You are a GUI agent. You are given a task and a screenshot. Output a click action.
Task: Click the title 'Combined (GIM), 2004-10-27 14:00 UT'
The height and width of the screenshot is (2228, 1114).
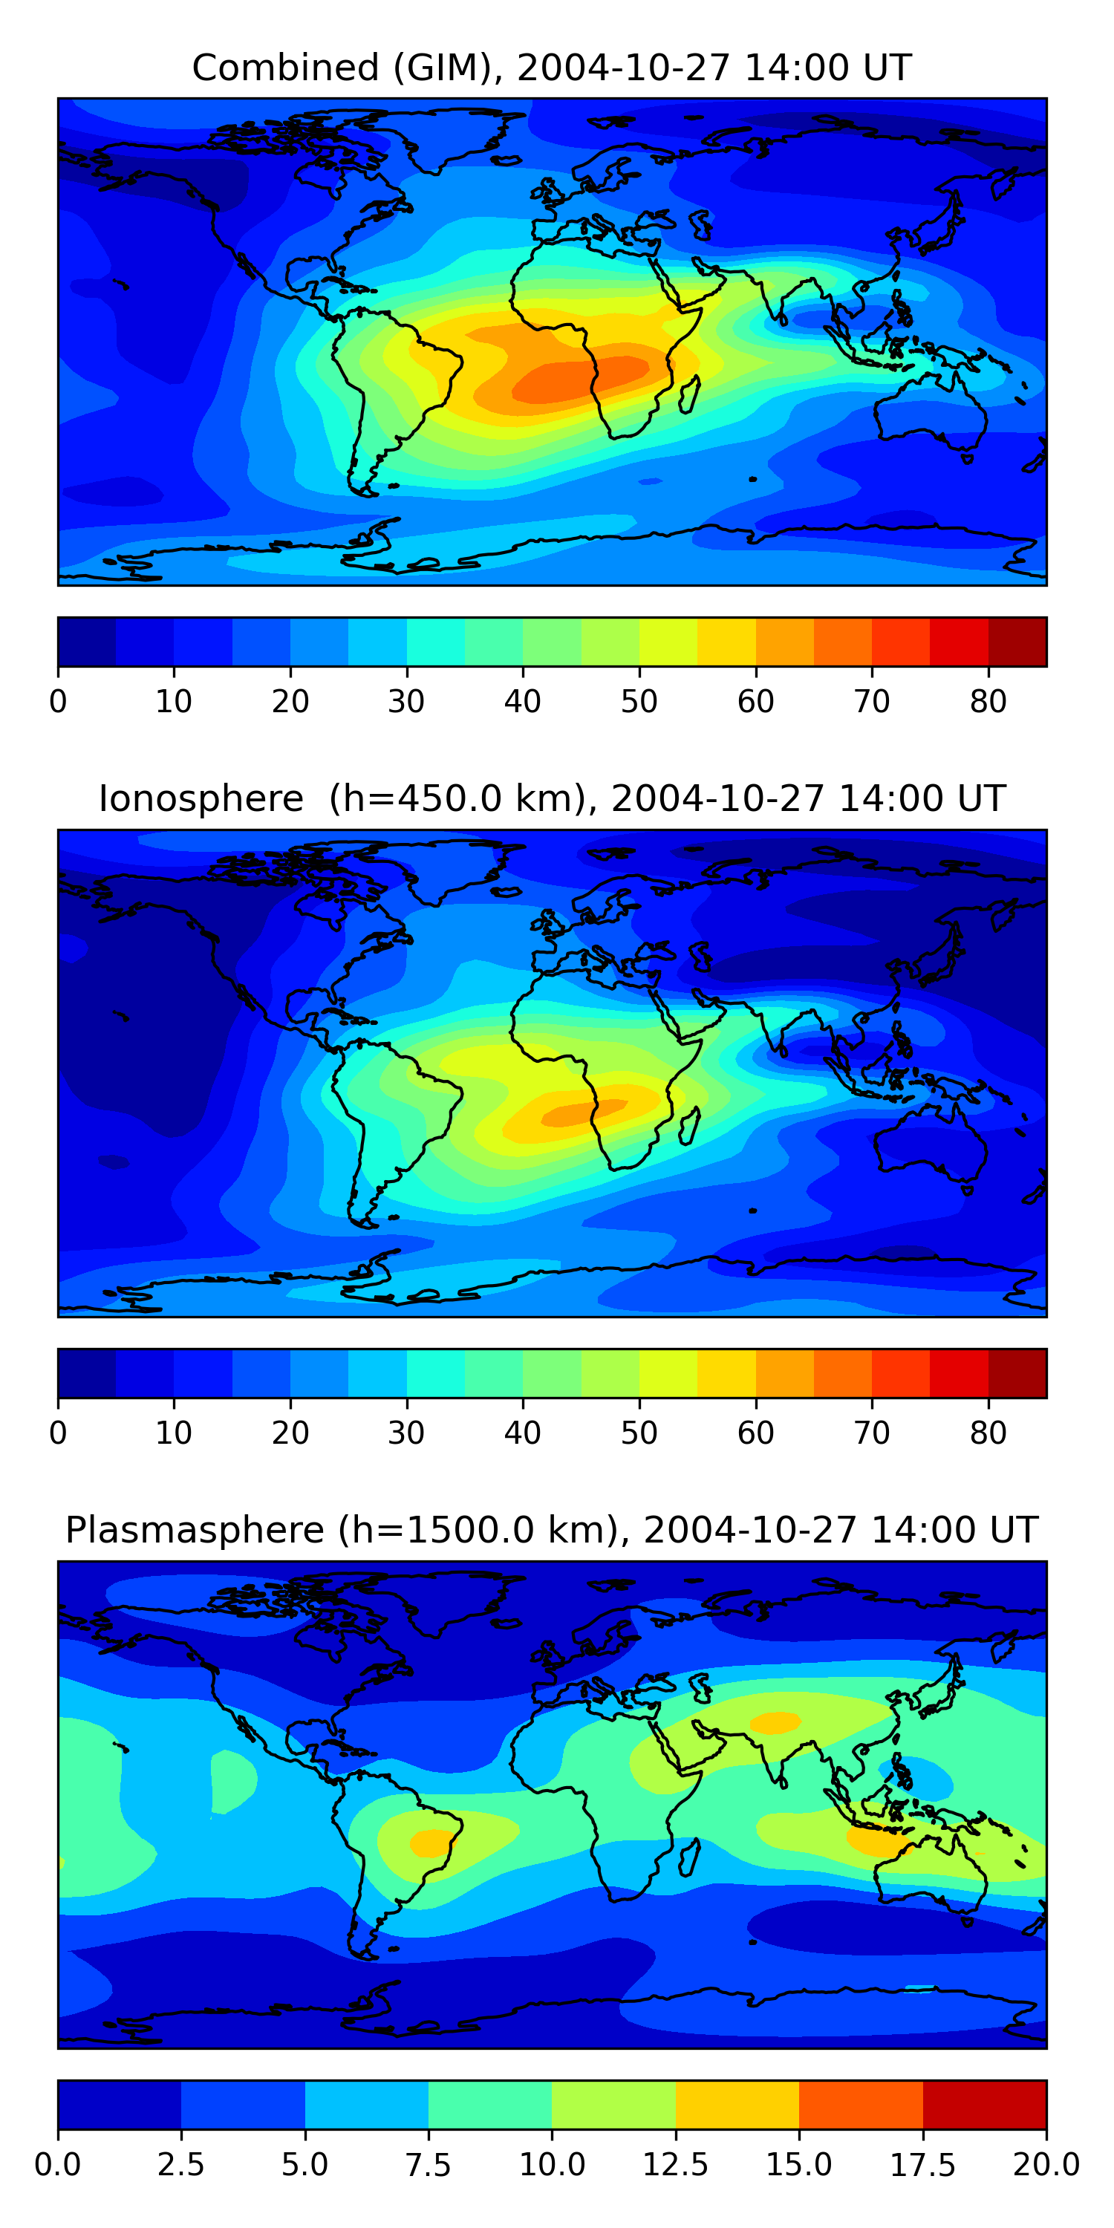(x=552, y=68)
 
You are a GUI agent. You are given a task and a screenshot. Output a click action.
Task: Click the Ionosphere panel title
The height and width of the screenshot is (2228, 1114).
(x=552, y=798)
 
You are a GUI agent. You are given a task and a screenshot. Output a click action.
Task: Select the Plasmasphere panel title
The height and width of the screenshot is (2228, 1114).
(x=552, y=1530)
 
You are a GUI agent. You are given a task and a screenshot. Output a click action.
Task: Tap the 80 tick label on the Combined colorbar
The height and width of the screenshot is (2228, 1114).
(x=988, y=701)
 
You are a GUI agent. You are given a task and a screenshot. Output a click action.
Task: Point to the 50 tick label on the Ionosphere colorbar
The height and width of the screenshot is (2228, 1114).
(x=639, y=1433)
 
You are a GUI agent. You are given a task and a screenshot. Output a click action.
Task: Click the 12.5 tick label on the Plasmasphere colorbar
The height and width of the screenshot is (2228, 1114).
(x=676, y=2165)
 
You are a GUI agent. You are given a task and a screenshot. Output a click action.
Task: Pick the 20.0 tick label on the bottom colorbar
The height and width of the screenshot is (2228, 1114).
(x=1046, y=2165)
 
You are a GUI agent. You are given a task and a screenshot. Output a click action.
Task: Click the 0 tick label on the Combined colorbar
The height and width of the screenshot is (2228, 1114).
(x=58, y=701)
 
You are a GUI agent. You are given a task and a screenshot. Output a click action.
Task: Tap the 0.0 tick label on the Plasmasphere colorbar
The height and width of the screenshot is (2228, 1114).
(x=58, y=2165)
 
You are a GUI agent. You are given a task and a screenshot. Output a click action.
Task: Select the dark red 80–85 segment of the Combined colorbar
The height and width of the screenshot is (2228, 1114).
(x=1017, y=642)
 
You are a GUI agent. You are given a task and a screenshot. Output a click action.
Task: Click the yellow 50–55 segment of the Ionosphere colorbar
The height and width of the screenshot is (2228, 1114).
(x=668, y=1373)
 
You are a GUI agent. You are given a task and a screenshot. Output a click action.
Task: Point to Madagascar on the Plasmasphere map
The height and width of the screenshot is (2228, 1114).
(x=689, y=1858)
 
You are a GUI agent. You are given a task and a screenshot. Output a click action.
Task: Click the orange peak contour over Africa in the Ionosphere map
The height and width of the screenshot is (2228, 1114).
(x=584, y=1112)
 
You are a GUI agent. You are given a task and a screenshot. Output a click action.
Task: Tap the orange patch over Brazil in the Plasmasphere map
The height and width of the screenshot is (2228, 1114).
(x=429, y=1843)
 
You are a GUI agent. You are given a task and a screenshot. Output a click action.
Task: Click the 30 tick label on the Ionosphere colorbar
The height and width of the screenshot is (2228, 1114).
(x=406, y=1433)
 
